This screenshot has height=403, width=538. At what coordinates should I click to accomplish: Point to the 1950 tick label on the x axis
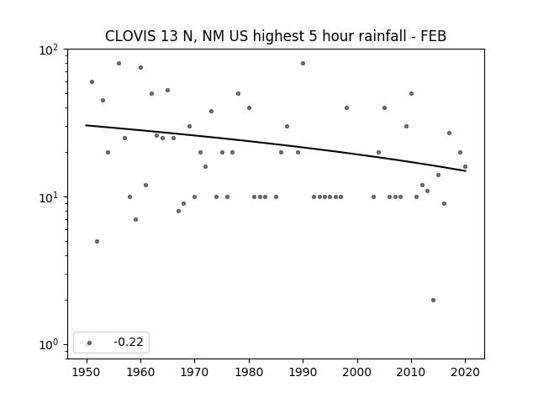[x=87, y=372]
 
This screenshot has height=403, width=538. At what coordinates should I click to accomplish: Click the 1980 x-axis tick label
[x=249, y=372]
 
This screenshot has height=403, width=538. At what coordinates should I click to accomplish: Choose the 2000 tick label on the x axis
[x=357, y=372]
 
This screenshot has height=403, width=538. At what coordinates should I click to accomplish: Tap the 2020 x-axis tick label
[x=465, y=372]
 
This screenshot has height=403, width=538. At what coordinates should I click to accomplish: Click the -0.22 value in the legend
[x=129, y=342]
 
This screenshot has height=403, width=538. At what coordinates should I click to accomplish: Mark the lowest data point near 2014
[x=433, y=301]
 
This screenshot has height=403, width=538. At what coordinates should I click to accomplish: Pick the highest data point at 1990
[x=303, y=64]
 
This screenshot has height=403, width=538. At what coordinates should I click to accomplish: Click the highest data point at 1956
[x=119, y=64]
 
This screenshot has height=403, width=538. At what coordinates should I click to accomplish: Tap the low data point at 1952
[x=98, y=241]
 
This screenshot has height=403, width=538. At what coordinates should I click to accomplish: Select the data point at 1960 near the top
[x=140, y=67]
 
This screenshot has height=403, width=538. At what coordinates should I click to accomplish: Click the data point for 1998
[x=346, y=108]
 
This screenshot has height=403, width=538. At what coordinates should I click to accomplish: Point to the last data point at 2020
[x=465, y=166]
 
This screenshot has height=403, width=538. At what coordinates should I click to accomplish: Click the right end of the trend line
[x=466, y=170]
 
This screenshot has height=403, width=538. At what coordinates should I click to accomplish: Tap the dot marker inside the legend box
[x=90, y=343]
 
